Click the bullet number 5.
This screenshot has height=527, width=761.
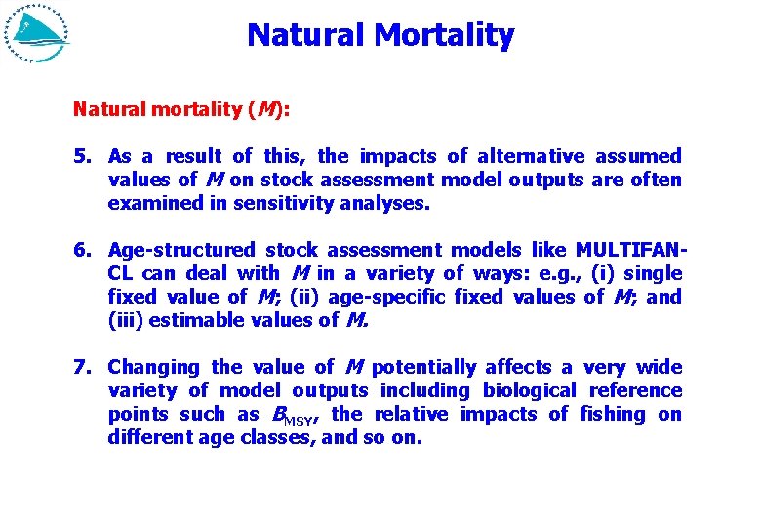coord(82,156)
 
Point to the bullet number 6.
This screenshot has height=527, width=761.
coord(82,250)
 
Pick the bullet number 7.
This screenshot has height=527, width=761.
coord(82,367)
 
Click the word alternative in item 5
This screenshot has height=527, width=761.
coord(531,156)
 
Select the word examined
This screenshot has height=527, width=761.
coord(149,203)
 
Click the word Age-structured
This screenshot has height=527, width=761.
coord(182,250)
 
